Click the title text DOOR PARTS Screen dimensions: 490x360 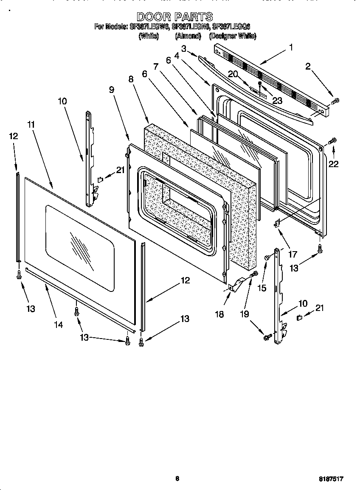(174, 17)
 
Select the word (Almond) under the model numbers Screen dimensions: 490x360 (188, 36)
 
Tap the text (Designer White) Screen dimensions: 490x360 (233, 36)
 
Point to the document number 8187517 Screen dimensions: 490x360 (331, 479)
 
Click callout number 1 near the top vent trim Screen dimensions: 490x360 (291, 48)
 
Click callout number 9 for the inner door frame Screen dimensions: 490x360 (111, 90)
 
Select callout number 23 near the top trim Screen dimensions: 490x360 (277, 101)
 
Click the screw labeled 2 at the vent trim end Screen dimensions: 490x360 (335, 101)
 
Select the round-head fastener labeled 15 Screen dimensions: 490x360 (267, 257)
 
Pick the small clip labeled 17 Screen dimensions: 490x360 (277, 223)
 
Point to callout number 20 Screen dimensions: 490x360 (232, 73)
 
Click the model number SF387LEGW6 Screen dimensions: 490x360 (149, 26)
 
